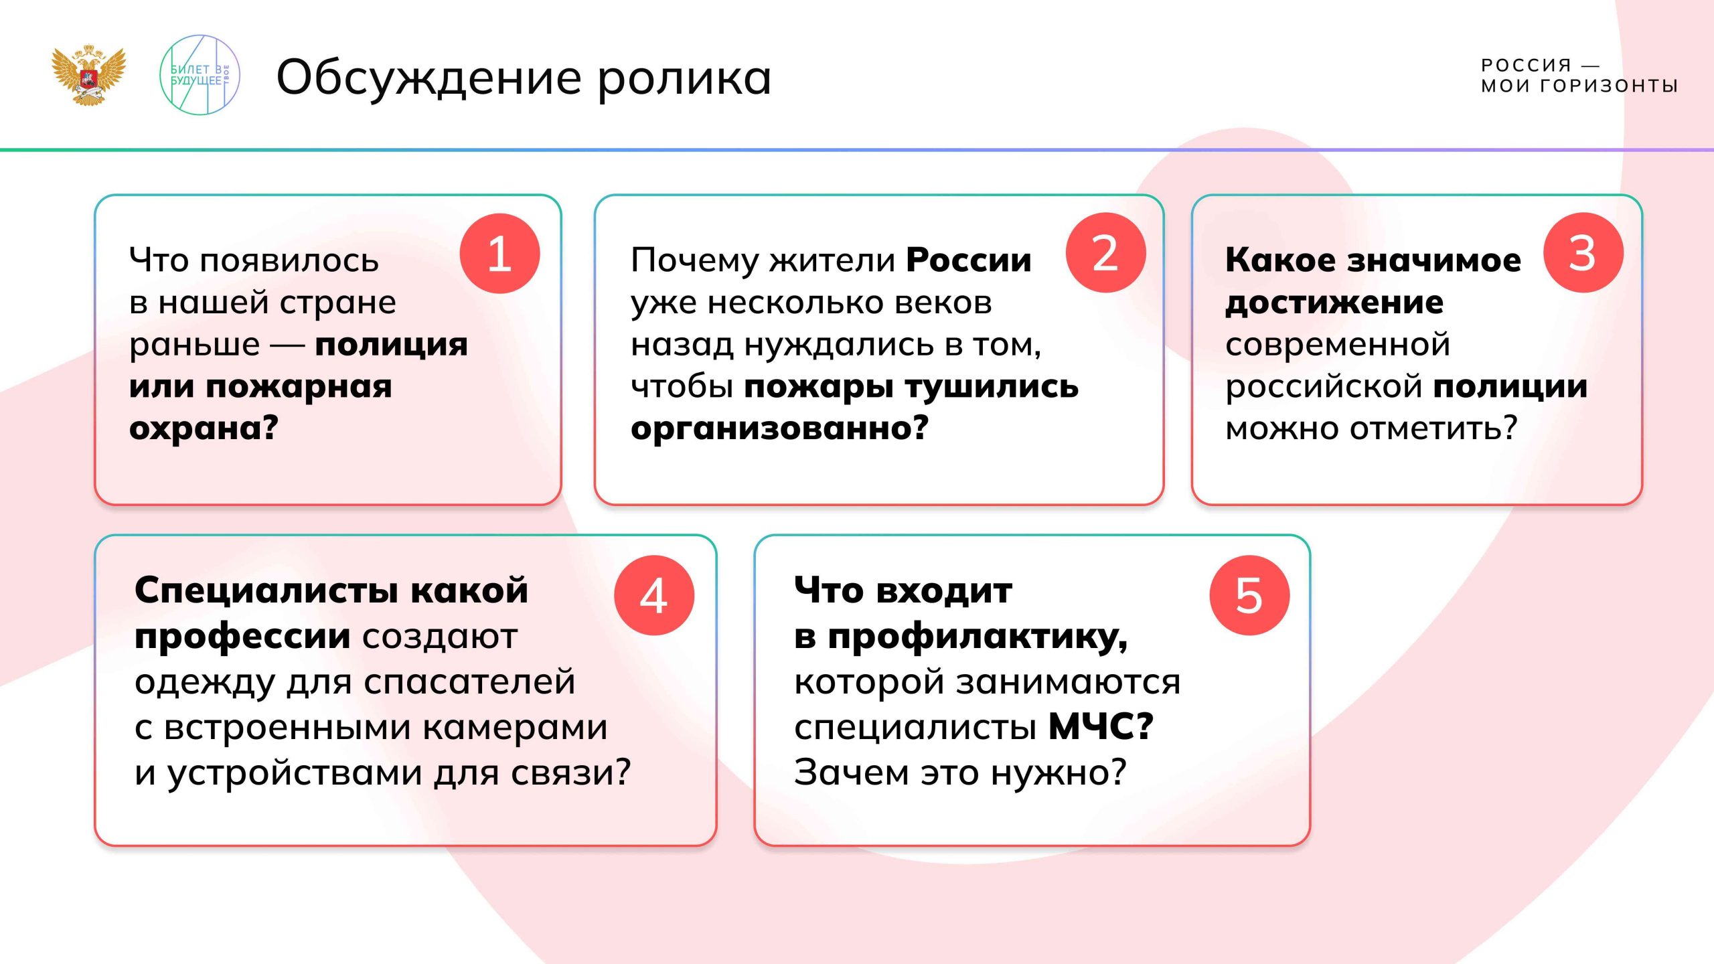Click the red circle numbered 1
click(499, 254)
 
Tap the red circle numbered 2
click(1105, 253)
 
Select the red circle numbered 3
click(1583, 253)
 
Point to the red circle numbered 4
click(654, 595)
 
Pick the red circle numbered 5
click(1249, 595)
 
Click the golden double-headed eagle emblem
click(88, 75)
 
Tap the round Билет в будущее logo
click(200, 75)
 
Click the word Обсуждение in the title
click(428, 79)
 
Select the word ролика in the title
click(684, 79)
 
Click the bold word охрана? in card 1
click(204, 428)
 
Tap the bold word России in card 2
click(968, 260)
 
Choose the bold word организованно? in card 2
click(779, 428)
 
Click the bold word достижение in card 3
click(1334, 303)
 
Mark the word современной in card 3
click(1338, 345)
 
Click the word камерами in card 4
click(515, 727)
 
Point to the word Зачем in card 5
click(851, 772)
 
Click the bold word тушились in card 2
click(992, 387)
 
